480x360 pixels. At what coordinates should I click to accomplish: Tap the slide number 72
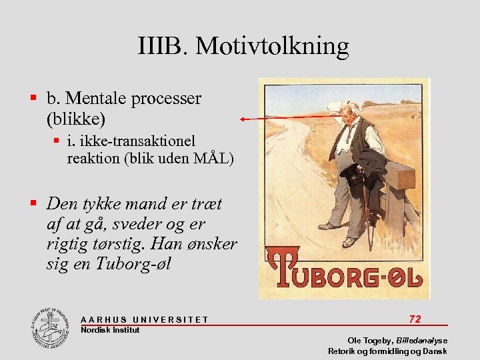click(x=415, y=319)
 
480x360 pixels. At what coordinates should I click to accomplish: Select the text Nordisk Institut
click(x=110, y=330)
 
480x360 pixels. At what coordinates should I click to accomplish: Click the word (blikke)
click(x=76, y=119)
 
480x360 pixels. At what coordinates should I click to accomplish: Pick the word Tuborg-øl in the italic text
click(x=133, y=263)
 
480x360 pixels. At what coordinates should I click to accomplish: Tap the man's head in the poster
click(x=347, y=113)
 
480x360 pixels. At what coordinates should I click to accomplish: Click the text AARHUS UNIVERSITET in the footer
click(x=144, y=320)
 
